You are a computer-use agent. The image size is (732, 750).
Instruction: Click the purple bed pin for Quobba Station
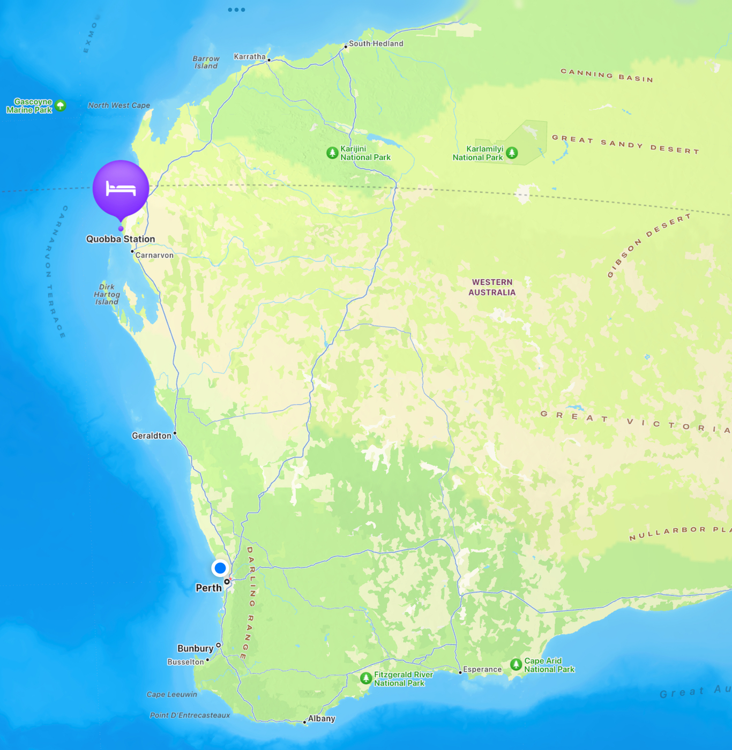point(121,189)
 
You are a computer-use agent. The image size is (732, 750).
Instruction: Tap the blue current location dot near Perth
point(220,568)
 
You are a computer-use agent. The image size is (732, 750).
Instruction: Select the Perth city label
point(208,588)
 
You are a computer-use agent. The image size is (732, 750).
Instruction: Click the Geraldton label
point(152,436)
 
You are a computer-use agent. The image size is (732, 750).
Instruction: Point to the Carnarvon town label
point(154,255)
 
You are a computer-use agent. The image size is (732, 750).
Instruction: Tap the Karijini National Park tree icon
point(332,153)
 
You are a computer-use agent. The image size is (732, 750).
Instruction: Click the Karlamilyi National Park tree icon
point(512,153)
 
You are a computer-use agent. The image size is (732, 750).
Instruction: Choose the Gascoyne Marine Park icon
point(61,106)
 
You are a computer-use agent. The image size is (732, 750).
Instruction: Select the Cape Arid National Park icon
point(516,665)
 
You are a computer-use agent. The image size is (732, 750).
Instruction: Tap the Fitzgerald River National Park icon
point(366,679)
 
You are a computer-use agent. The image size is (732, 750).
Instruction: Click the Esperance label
point(482,669)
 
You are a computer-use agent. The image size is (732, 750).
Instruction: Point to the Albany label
point(322,718)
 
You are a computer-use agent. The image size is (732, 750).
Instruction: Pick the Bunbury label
point(195,648)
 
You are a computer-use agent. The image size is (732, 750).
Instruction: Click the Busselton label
point(185,662)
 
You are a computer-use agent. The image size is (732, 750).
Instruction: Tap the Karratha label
point(250,56)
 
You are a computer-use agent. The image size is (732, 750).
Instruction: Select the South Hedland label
point(376,43)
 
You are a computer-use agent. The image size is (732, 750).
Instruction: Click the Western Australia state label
point(492,287)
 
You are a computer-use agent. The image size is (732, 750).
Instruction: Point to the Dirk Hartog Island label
point(107,294)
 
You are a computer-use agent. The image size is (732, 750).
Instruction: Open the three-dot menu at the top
point(236,10)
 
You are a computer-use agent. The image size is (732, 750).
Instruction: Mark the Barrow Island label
point(206,62)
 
